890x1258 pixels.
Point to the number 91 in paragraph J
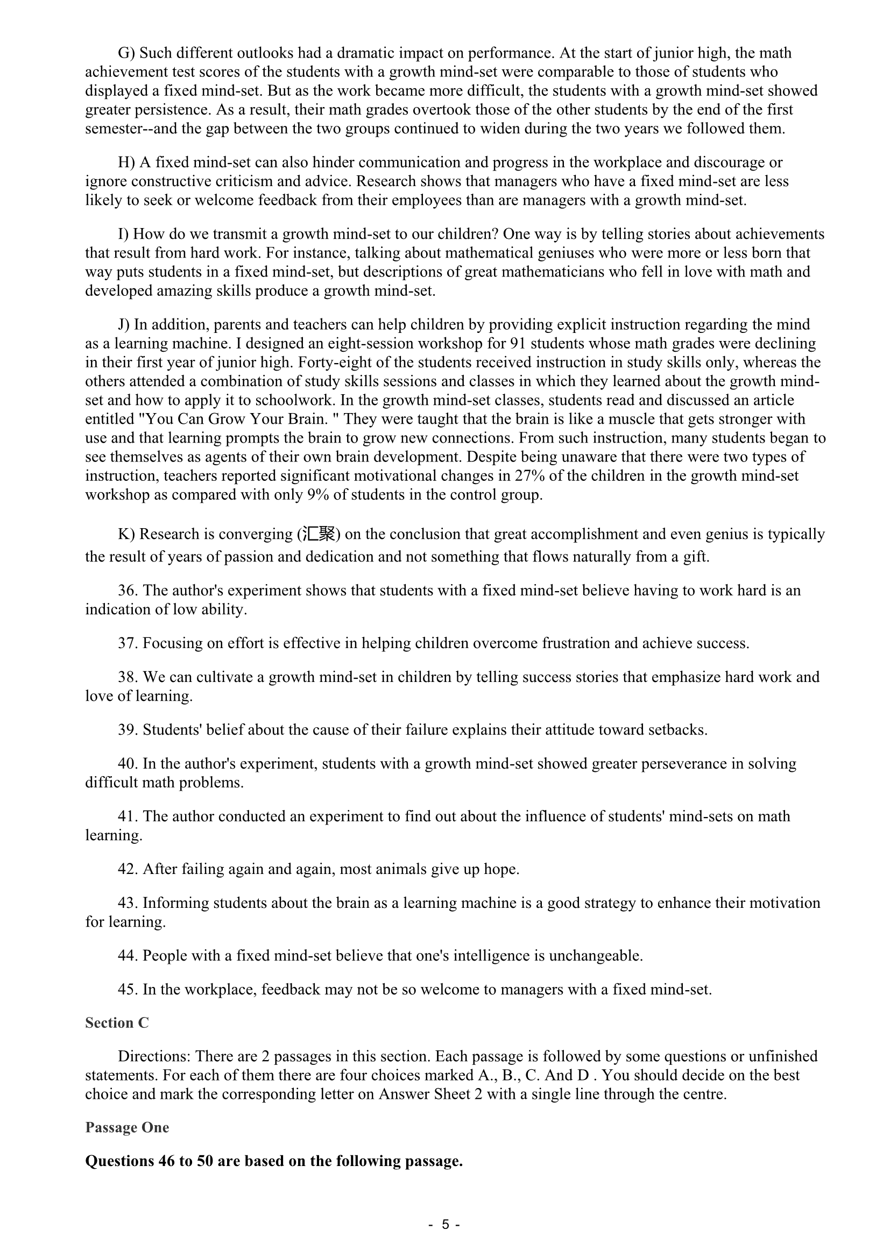pos(518,344)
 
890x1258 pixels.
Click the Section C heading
pos(117,1023)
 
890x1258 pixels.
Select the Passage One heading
pos(126,1127)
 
